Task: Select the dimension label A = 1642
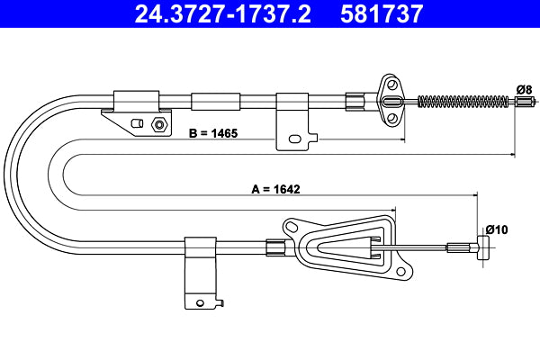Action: click(x=275, y=189)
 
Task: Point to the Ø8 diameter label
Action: click(x=524, y=88)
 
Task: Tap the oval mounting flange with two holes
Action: click(x=391, y=102)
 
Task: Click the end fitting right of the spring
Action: click(x=524, y=101)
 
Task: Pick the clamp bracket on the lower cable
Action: click(x=198, y=271)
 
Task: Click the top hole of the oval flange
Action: click(x=391, y=86)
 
